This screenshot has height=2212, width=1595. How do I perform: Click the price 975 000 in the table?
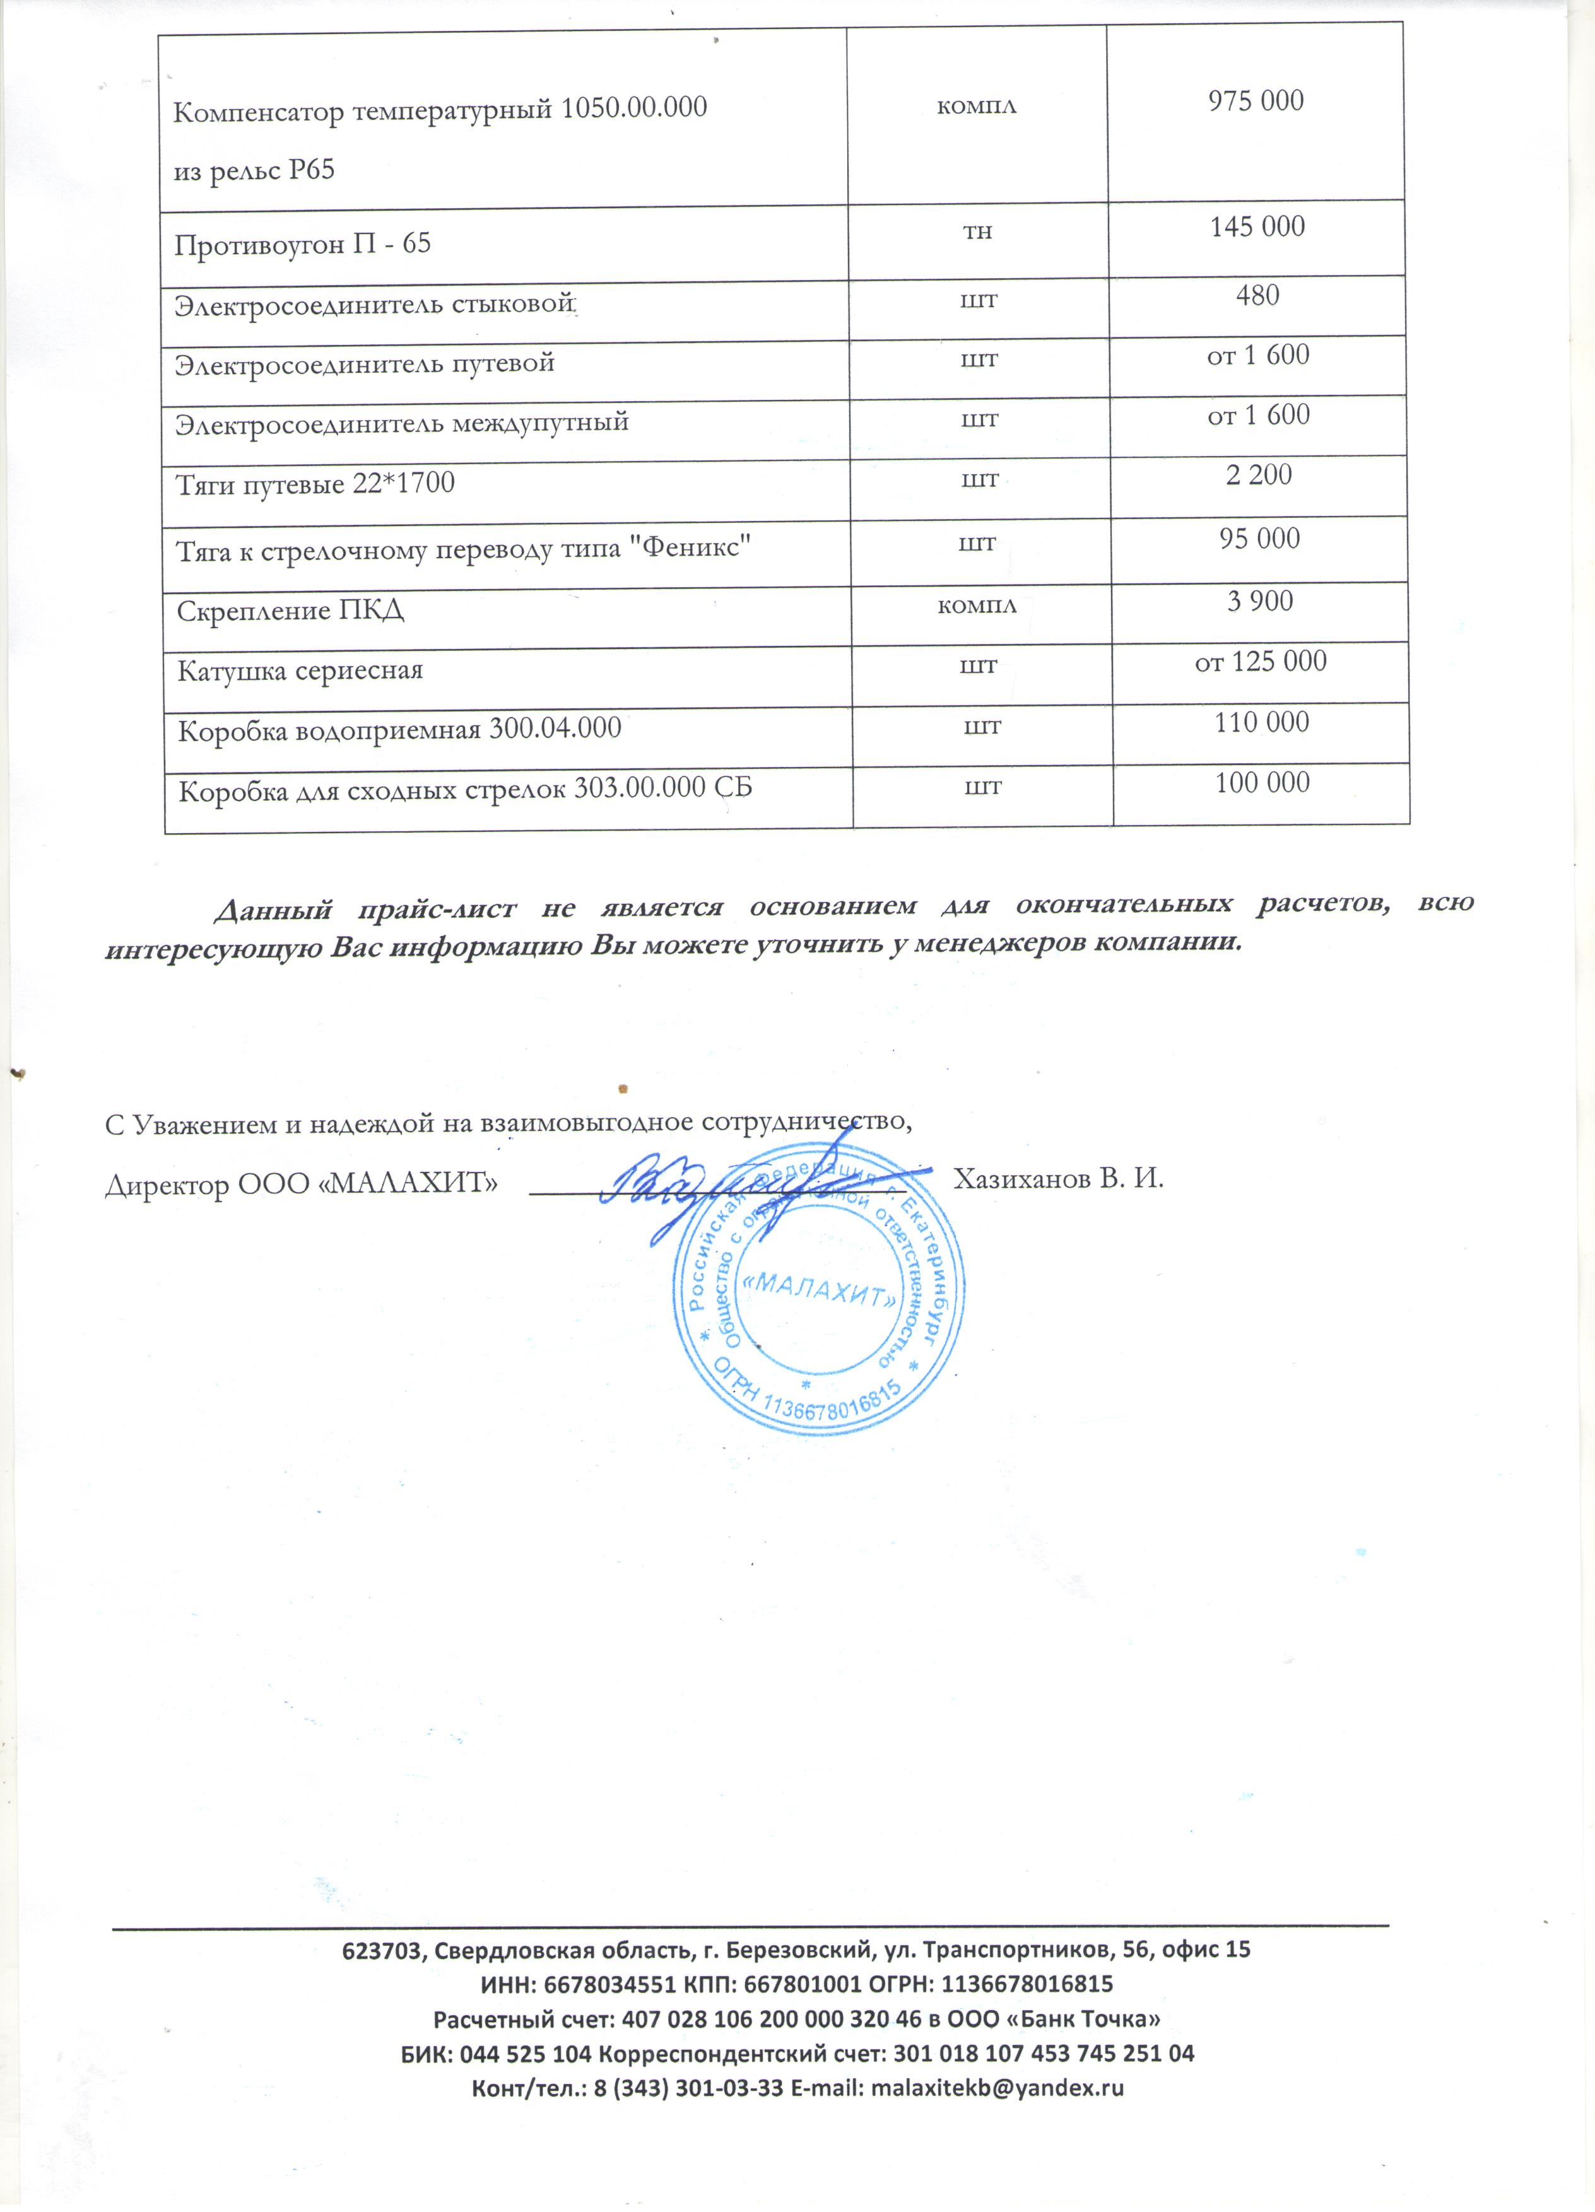point(1256,100)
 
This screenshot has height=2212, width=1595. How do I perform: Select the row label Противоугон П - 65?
point(302,244)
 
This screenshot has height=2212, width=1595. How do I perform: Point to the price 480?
point(1257,296)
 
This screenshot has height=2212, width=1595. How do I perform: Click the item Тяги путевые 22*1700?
point(315,484)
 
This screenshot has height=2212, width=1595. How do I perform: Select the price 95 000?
point(1259,539)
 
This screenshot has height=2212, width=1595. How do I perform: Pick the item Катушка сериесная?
point(300,671)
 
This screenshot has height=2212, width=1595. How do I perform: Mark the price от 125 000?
point(1261,661)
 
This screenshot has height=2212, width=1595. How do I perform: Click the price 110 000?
point(1261,723)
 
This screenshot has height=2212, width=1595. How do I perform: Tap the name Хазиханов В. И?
point(1059,1179)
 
